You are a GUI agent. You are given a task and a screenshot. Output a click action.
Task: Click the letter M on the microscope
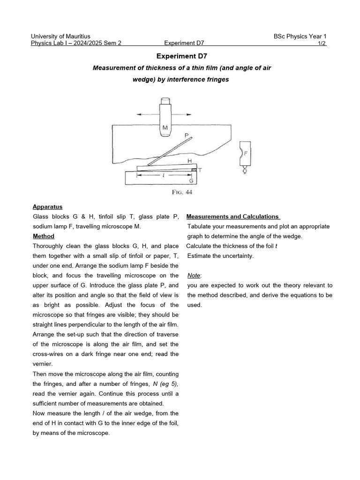pyautogui.click(x=165, y=127)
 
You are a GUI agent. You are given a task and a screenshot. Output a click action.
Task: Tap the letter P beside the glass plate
pyautogui.click(x=186, y=135)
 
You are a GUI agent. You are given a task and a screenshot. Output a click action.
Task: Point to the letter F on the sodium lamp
pyautogui.click(x=245, y=153)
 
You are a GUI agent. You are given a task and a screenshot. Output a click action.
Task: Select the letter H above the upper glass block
pyautogui.click(x=189, y=161)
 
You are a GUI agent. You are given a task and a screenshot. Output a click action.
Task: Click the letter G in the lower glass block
pyautogui.click(x=191, y=180)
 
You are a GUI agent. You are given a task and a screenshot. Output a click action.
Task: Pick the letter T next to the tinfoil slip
pyautogui.click(x=200, y=170)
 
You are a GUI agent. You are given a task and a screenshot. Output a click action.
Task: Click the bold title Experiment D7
pyautogui.click(x=180, y=55)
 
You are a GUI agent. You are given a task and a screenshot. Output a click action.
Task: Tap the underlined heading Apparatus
pyautogui.click(x=47, y=207)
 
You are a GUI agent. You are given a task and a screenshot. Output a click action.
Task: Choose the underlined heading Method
pyautogui.click(x=44, y=236)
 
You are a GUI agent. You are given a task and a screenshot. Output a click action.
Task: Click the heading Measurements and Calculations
pyautogui.click(x=233, y=217)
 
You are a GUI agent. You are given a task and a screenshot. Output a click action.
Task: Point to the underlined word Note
pyautogui.click(x=194, y=276)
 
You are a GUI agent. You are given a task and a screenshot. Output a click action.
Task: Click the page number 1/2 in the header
pyautogui.click(x=322, y=44)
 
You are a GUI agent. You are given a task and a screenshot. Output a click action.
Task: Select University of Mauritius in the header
pyautogui.click(x=60, y=36)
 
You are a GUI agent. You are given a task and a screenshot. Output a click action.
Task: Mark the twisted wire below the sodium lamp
pyautogui.click(x=244, y=171)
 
